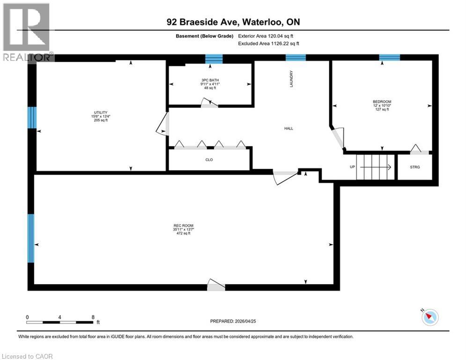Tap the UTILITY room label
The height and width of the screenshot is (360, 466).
(x=101, y=112)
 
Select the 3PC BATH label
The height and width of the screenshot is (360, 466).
(x=210, y=80)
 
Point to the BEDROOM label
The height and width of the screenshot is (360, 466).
(x=382, y=102)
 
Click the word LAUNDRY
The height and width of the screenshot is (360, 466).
(x=291, y=79)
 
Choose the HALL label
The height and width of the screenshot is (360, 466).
(x=288, y=128)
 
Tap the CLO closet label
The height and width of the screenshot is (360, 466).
(x=209, y=160)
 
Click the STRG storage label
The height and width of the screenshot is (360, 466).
(x=414, y=166)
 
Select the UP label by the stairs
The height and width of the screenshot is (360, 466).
(x=352, y=166)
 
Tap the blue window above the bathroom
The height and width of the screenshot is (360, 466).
(x=214, y=59)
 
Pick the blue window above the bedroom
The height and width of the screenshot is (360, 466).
(x=389, y=58)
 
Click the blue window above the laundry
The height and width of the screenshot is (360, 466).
(x=296, y=58)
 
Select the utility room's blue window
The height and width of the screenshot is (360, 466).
(x=31, y=117)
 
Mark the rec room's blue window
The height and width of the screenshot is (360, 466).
(x=31, y=238)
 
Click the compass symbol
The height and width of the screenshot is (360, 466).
(x=429, y=317)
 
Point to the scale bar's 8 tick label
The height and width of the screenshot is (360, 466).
(x=93, y=317)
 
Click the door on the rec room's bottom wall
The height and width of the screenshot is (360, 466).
(x=216, y=285)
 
